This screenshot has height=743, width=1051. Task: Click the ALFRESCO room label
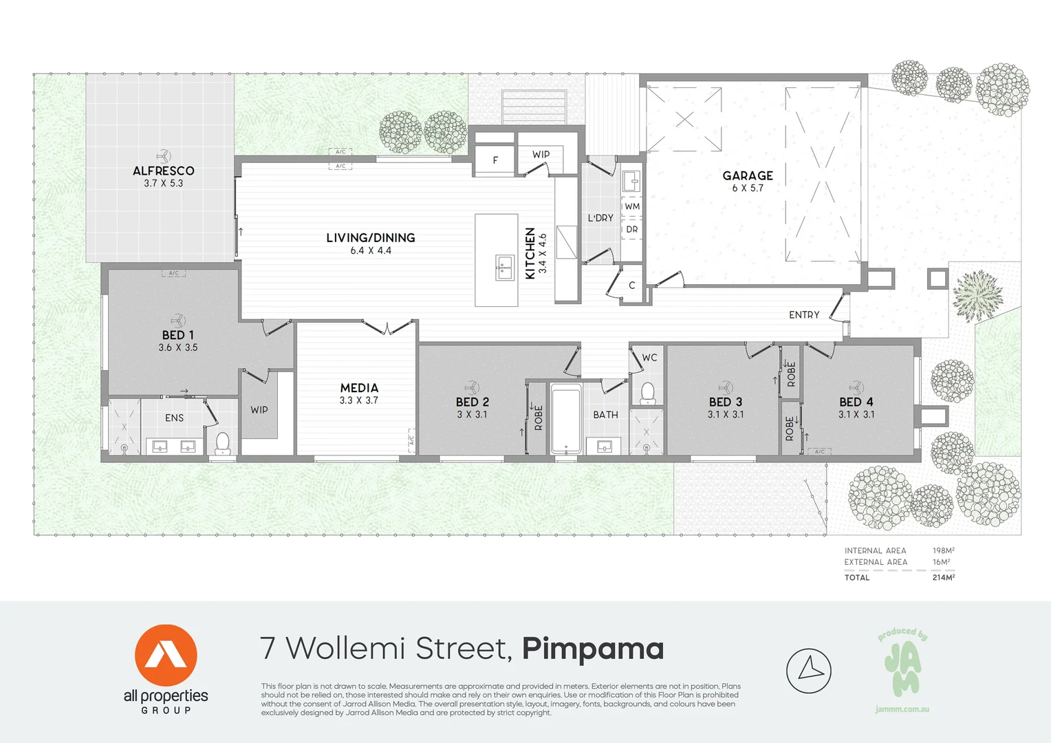click(x=164, y=171)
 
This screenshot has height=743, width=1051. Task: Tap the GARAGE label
click(x=748, y=175)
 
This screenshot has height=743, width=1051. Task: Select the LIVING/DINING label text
click(x=371, y=238)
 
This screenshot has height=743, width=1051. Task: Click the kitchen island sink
click(x=505, y=268)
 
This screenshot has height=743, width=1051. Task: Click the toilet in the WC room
click(x=647, y=393)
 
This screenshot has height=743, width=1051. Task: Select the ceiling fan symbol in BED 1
click(x=178, y=321)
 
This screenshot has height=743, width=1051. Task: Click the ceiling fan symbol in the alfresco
click(x=163, y=156)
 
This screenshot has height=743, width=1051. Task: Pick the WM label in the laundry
click(x=632, y=206)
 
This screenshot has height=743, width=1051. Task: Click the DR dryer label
click(x=632, y=229)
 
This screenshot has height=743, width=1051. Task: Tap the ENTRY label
click(x=804, y=315)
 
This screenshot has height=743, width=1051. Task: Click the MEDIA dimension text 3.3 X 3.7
click(x=359, y=400)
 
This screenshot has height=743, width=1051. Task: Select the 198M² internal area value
click(x=943, y=550)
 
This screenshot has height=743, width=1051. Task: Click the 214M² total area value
click(x=943, y=577)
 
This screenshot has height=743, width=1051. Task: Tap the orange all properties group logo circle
click(x=166, y=656)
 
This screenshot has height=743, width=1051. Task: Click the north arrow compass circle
click(x=809, y=671)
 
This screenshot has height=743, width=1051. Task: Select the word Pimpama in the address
click(x=593, y=649)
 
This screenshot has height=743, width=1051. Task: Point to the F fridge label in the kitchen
click(x=495, y=160)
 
